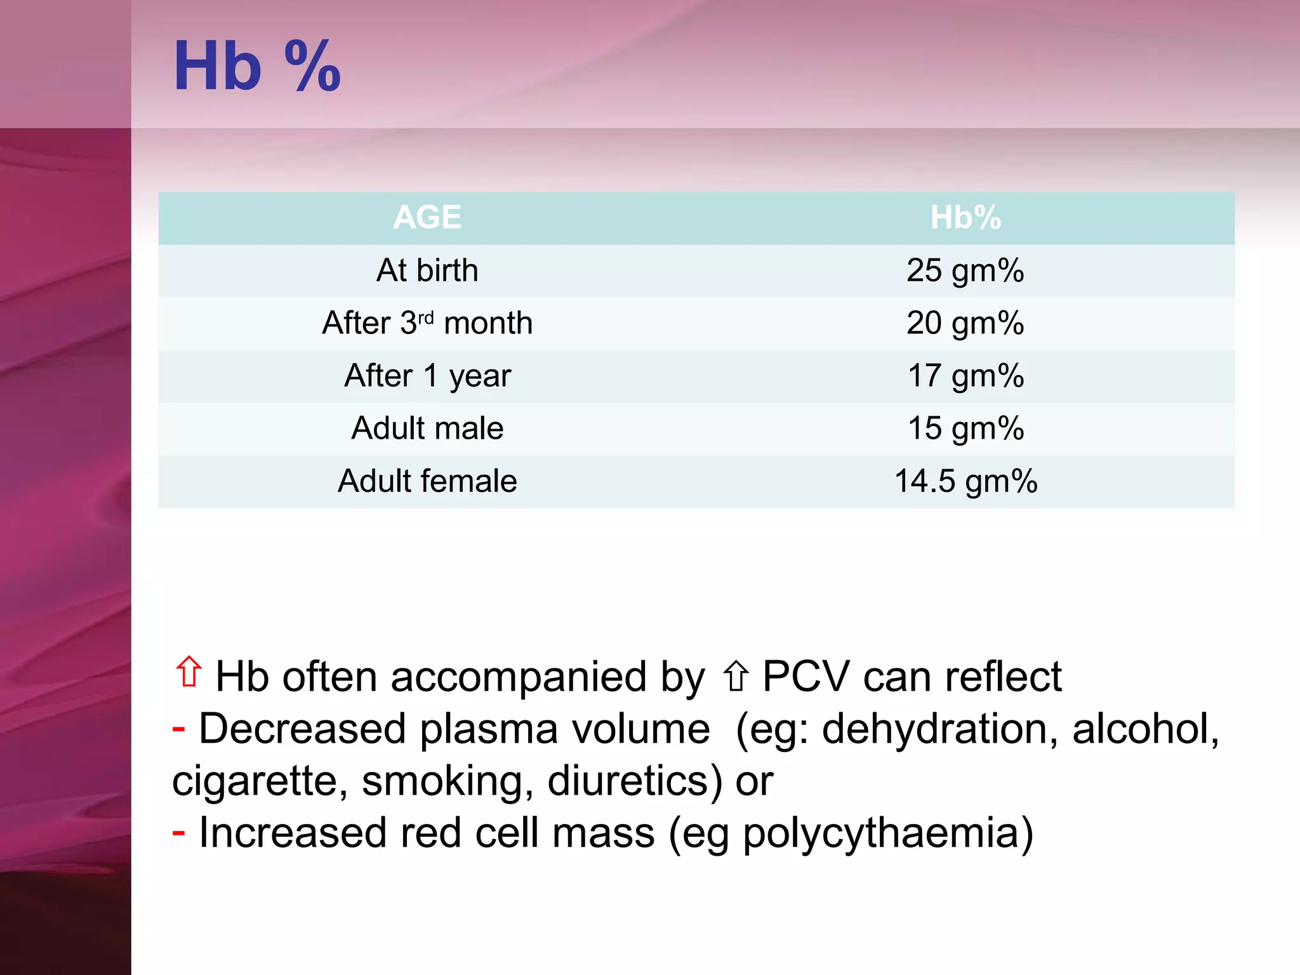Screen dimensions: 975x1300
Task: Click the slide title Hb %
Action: (x=256, y=66)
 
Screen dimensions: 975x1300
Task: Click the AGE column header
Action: (x=427, y=218)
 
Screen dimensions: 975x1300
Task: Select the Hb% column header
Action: (x=965, y=218)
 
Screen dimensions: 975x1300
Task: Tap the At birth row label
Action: (x=427, y=270)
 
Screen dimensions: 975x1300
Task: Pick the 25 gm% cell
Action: (x=965, y=270)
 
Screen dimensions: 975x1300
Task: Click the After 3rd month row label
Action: (x=427, y=323)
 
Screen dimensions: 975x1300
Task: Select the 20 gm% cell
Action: (x=965, y=323)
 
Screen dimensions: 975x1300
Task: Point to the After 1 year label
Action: (x=427, y=376)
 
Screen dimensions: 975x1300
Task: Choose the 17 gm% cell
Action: (x=965, y=376)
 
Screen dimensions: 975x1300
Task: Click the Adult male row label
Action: (x=427, y=428)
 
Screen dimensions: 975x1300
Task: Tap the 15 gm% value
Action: (x=965, y=428)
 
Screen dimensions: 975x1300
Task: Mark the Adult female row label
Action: (x=427, y=481)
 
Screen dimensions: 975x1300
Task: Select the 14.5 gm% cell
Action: (x=965, y=481)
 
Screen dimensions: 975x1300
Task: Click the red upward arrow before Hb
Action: (x=189, y=672)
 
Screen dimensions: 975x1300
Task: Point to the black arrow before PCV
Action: (x=736, y=676)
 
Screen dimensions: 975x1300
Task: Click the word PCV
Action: (x=806, y=677)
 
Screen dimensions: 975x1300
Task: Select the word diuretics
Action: (x=635, y=781)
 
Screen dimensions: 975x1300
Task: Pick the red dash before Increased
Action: (x=178, y=832)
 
